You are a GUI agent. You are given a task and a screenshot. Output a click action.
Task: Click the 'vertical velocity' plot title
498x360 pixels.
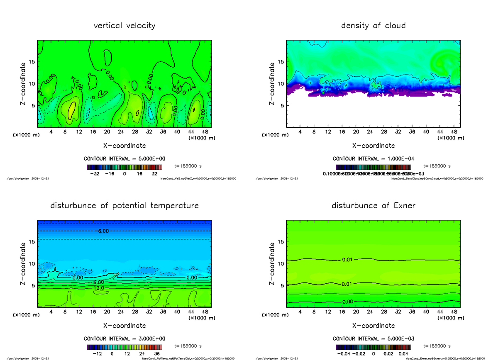click(124, 26)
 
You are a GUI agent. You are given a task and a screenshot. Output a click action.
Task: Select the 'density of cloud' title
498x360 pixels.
click(373, 26)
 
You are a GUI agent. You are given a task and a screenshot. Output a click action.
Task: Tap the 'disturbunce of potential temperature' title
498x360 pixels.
click(124, 206)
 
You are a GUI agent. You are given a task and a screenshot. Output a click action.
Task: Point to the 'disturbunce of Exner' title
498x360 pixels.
click(373, 206)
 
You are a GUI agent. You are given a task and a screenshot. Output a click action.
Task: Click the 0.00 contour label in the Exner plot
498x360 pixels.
click(348, 301)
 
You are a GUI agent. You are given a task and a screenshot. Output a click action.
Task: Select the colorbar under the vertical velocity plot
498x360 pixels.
click(124, 168)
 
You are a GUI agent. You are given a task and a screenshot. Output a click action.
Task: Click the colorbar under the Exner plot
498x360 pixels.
click(373, 348)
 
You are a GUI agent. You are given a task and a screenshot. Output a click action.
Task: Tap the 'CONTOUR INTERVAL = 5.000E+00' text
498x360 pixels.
click(124, 159)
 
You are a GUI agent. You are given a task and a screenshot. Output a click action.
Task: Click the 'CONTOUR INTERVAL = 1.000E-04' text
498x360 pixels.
click(373, 159)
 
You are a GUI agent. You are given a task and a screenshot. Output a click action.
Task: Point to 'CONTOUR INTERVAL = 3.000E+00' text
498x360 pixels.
click(124, 339)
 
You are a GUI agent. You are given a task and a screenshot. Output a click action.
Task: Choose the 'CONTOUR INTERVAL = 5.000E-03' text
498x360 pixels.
click(373, 339)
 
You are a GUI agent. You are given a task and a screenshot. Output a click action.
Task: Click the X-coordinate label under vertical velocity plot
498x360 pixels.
click(124, 146)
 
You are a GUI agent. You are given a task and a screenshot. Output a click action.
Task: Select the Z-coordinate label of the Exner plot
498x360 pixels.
click(272, 264)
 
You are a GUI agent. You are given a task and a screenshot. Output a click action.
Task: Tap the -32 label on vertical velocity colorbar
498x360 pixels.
click(96, 174)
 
